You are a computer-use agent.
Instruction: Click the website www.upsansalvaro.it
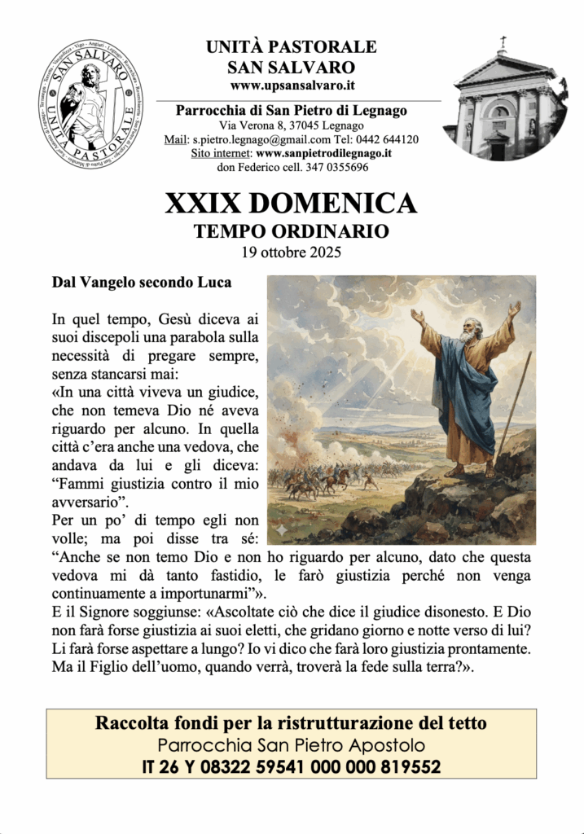[x=291, y=85]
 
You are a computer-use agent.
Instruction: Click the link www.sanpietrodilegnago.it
[x=324, y=152]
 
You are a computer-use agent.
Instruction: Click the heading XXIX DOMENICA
[x=291, y=203]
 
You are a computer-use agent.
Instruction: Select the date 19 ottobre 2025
[x=291, y=251]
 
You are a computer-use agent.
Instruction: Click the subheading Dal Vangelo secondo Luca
[x=141, y=283]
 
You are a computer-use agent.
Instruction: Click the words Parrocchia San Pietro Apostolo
[x=291, y=744]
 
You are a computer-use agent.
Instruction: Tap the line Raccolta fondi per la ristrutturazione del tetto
[x=291, y=722]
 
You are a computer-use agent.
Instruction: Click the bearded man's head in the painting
[x=467, y=328]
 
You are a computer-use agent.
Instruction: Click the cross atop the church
[x=503, y=42]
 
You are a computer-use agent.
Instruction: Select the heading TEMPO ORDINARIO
[x=291, y=231]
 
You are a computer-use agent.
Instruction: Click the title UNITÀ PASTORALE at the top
[x=291, y=46]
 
